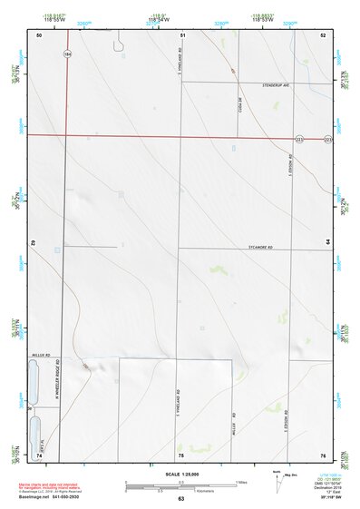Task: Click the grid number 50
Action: click(39, 34)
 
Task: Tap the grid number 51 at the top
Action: click(182, 34)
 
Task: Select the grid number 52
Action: click(323, 34)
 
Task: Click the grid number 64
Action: click(326, 243)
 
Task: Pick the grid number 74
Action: click(39, 454)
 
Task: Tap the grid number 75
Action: click(181, 454)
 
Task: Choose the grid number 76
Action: click(323, 454)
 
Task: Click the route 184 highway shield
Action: click(66, 55)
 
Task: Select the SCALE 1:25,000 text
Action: click(181, 474)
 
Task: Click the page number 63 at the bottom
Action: click(181, 499)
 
